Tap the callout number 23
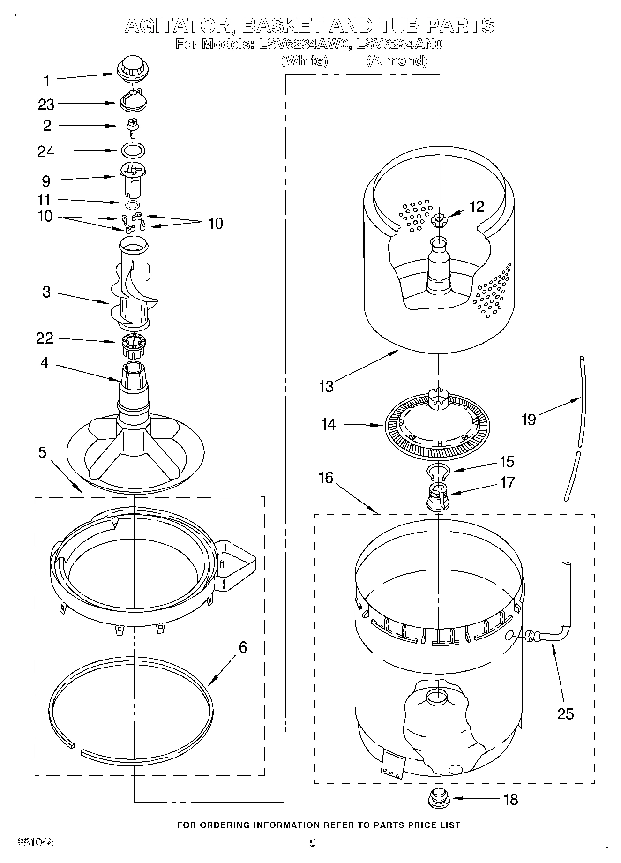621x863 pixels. tap(46, 105)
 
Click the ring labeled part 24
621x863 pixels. tap(133, 151)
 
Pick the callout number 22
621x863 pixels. tap(45, 338)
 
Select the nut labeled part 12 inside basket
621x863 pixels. tap(440, 219)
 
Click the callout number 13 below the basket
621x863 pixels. tap(326, 386)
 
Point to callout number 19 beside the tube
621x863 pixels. tap(528, 419)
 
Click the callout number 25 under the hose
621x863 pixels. tap(565, 713)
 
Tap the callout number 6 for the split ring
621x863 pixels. tap(242, 647)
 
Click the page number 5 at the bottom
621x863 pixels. tap(312, 842)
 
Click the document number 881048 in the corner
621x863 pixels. tap(35, 842)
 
